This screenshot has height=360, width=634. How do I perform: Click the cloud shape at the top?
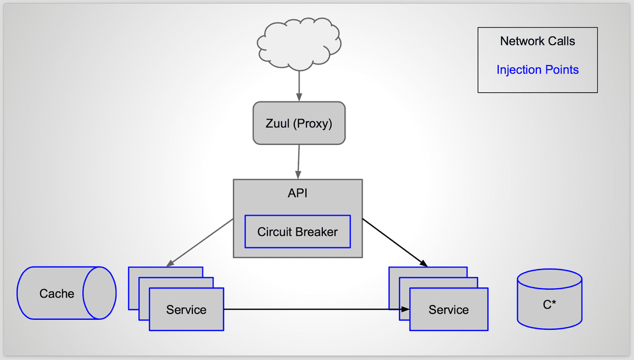click(299, 44)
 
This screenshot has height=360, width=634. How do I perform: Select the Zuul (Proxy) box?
click(299, 123)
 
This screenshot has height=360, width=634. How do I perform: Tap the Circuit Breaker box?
click(297, 232)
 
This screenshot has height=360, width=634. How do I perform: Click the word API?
click(297, 193)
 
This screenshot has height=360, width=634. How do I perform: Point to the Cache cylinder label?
click(57, 294)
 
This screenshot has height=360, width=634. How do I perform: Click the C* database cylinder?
click(549, 299)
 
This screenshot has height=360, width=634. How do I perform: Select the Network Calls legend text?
click(537, 41)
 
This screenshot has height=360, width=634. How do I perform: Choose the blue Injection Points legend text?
click(537, 70)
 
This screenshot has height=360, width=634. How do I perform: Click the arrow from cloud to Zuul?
click(299, 86)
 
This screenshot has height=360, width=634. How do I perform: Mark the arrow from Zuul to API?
click(299, 162)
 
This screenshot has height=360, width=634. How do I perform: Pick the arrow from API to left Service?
click(200, 243)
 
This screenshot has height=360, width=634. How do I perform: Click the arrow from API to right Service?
click(395, 243)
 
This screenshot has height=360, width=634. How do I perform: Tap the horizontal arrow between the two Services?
click(316, 309)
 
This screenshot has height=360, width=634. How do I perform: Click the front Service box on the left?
click(187, 309)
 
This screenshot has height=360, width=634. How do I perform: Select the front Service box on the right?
click(449, 309)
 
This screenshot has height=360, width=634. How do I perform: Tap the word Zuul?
click(278, 124)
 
